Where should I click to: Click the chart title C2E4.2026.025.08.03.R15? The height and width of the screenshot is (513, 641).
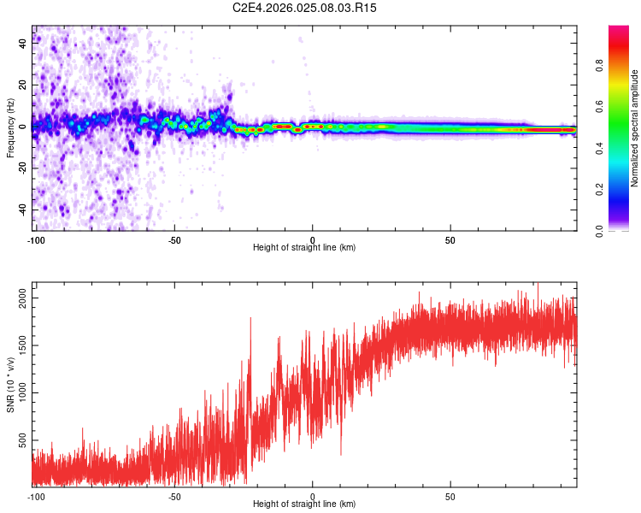coord(305,8)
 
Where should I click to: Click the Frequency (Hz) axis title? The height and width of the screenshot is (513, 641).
coord(11,128)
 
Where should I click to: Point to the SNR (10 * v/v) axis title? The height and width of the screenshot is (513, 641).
coord(11,384)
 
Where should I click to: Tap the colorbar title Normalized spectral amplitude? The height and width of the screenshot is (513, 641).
coord(634,128)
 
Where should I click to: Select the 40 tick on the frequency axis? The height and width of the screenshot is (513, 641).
coord(23,44)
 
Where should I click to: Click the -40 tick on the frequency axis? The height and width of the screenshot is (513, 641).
coord(23,209)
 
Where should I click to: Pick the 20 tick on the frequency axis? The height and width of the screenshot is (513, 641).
coord(23,85)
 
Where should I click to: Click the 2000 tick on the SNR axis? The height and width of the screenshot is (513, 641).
coord(23,298)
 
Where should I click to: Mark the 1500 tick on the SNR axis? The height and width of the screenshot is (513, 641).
coord(23,345)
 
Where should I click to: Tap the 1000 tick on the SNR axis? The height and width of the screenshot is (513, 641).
coord(23,392)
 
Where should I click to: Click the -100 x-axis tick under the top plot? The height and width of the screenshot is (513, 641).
coord(36,240)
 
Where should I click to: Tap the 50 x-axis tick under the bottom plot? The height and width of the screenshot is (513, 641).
coord(450,497)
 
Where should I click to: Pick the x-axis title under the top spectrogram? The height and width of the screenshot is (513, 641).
coord(305,248)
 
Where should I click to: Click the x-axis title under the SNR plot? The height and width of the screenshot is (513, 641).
coord(305,504)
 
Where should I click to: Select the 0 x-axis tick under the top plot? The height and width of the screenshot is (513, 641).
coord(312,240)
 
